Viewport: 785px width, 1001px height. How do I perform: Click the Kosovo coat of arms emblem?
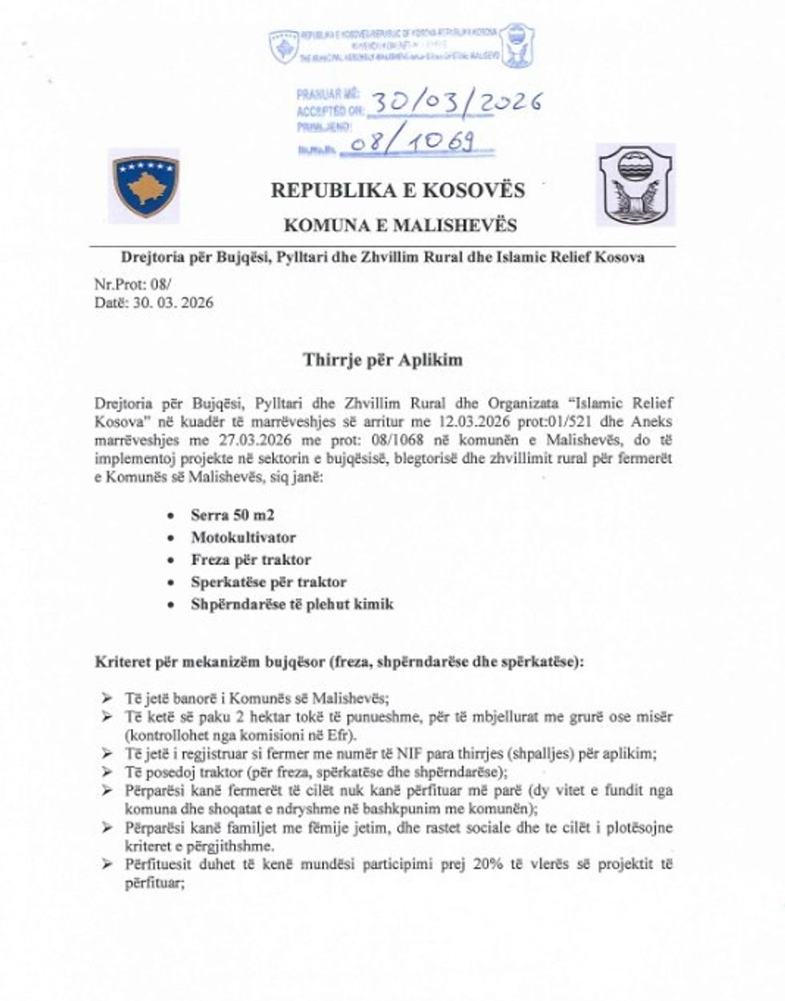tap(145, 185)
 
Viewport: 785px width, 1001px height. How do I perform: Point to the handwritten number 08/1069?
tap(417, 143)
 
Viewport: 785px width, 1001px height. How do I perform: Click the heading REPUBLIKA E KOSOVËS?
tap(397, 191)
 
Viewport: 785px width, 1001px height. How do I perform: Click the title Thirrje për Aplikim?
tap(383, 360)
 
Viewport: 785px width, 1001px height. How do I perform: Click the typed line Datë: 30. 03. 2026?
tap(154, 303)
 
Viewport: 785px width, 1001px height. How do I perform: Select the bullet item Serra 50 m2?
tap(232, 515)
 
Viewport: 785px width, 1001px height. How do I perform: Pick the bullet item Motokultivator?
tap(243, 537)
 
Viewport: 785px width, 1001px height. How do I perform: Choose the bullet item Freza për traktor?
tap(251, 560)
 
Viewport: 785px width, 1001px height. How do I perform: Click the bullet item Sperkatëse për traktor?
tap(268, 582)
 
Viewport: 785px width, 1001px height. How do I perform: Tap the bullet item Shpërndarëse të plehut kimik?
tap(292, 604)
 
